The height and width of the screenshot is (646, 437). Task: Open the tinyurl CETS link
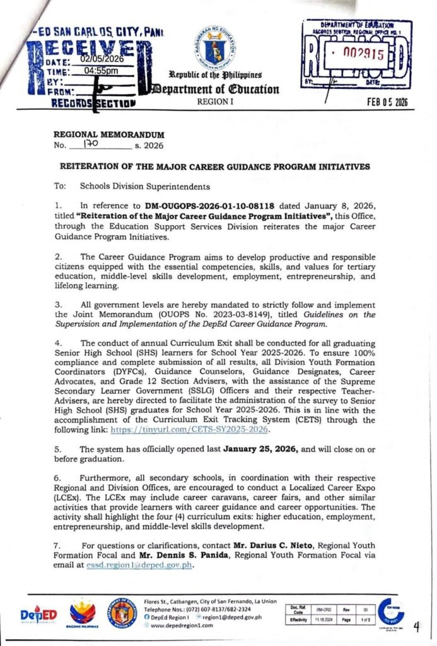pyautogui.click(x=190, y=430)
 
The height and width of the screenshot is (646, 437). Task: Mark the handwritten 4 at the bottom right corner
pyautogui.click(x=417, y=626)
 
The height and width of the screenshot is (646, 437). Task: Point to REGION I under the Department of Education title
pyautogui.click(x=216, y=101)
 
